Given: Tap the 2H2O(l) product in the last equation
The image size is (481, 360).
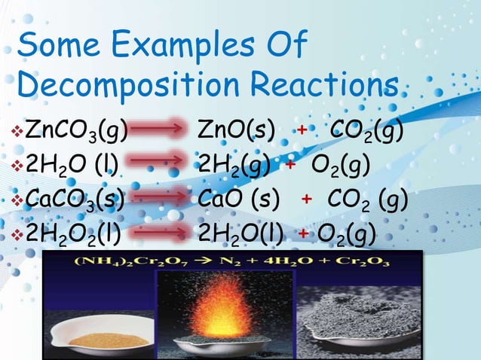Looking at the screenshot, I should point(240,233).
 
